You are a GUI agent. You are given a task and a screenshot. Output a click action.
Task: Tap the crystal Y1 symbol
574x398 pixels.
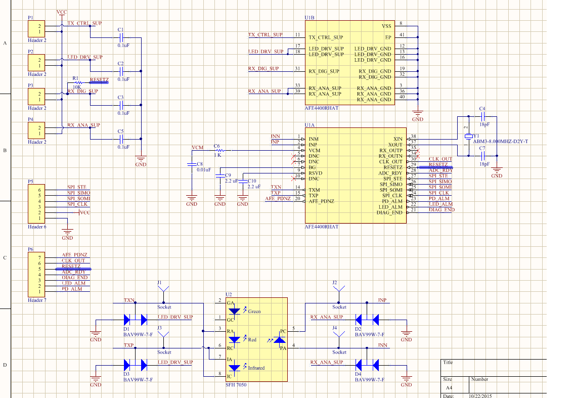[468, 137]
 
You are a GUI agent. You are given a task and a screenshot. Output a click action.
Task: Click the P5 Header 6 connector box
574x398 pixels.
[38, 204]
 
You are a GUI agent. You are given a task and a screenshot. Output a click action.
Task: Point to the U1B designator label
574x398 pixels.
[310, 18]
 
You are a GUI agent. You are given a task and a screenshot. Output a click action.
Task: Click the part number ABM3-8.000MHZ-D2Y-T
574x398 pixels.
[500, 141]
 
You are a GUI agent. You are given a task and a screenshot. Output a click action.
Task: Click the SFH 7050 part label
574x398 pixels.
[236, 385]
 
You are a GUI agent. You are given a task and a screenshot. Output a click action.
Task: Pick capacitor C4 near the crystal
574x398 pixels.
[482, 116]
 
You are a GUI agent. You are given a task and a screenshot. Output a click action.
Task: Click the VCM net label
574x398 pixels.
[198, 147]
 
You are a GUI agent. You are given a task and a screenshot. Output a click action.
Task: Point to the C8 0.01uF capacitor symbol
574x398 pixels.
[192, 164]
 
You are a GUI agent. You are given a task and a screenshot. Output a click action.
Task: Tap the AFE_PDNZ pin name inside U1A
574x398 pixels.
[323, 201]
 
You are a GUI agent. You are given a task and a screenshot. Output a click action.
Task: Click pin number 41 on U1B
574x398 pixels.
[402, 35]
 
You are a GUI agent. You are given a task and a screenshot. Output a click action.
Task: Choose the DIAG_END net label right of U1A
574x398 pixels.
[441, 209]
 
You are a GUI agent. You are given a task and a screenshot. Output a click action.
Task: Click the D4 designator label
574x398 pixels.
[359, 374]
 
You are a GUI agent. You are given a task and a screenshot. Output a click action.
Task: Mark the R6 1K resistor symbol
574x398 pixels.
[219, 151]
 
